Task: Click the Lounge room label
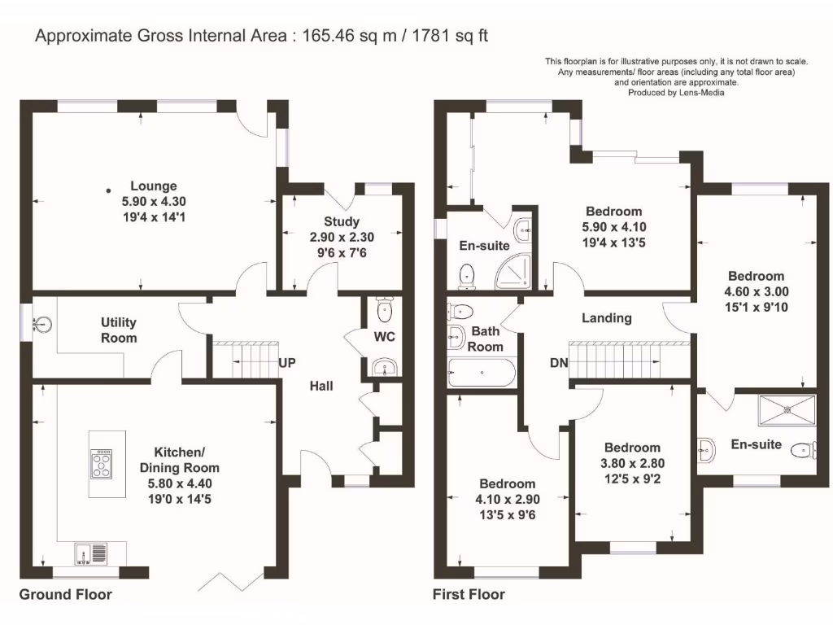point(154,186)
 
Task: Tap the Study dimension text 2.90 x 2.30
point(342,237)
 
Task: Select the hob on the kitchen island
point(102,463)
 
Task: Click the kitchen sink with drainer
point(91,553)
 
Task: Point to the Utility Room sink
point(42,323)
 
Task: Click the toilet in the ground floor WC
point(384,308)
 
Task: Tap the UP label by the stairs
point(287,363)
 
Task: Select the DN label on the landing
point(559,363)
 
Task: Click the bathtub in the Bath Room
point(482,373)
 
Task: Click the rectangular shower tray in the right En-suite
point(787,410)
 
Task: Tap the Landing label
point(607,318)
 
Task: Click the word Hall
point(321,386)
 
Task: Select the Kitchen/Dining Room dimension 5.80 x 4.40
point(180,483)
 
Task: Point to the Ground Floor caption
point(66,594)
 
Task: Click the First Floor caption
point(469,594)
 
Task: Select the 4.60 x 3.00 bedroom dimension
point(757,292)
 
